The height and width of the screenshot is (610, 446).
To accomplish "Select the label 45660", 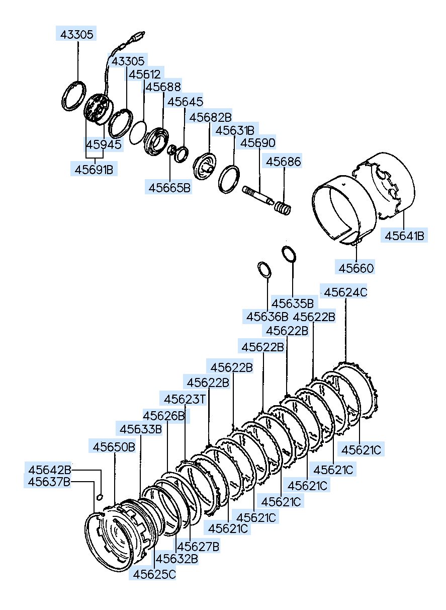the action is [355, 268].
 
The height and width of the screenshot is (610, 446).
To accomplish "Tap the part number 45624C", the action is [345, 292].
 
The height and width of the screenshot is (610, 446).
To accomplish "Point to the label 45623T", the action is [185, 399].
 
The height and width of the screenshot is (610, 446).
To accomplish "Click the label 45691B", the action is [94, 170].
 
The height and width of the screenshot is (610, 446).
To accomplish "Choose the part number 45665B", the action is [169, 187].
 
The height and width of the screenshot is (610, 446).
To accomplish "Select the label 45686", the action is [283, 161].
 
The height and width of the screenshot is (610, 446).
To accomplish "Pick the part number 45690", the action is [258, 142].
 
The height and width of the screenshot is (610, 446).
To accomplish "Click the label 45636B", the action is [266, 317].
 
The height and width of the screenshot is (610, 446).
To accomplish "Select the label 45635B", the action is [292, 303].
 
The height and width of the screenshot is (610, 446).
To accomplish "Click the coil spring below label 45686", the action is [282, 208].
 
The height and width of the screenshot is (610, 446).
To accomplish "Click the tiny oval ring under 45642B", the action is [100, 498].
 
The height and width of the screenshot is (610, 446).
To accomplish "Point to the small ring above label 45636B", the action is [264, 270].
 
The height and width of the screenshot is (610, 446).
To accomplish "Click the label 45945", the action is [104, 144].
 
